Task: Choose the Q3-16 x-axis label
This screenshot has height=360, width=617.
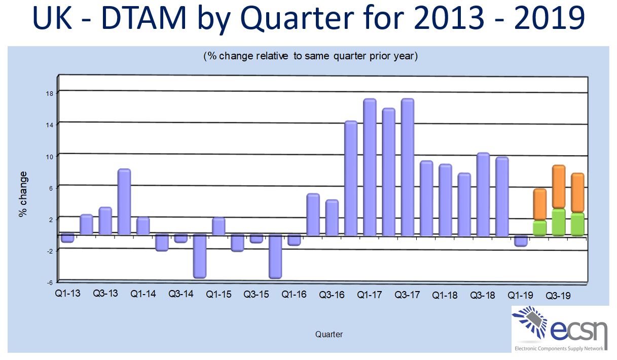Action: point(332,295)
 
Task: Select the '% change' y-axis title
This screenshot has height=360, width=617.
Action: point(23,194)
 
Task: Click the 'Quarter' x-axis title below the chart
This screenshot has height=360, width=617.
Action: point(329,334)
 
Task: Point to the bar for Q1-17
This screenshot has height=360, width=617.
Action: point(370,167)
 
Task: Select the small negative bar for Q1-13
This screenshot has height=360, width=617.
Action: point(67,238)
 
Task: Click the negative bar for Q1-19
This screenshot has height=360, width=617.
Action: point(521,241)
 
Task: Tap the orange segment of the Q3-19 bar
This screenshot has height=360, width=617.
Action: point(559,187)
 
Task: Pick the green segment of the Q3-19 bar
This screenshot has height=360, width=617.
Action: point(559,223)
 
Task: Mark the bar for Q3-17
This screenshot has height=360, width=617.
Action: point(408,167)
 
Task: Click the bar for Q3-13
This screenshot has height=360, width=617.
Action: point(105,221)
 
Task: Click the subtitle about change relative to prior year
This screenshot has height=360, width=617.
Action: point(310,56)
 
